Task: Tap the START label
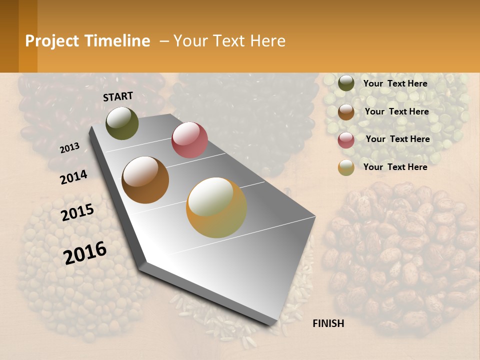point(118,96)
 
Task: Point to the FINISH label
point(328,323)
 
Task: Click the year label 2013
point(70,147)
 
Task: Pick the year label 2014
point(73,177)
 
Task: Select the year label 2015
point(77,212)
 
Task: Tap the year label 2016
point(85,252)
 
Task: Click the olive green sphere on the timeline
point(122,123)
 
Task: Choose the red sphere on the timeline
point(189,140)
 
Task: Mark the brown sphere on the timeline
point(145,180)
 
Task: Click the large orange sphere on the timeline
point(216,207)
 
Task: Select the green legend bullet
point(346,83)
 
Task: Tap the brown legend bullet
point(346,112)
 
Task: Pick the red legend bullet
point(346,140)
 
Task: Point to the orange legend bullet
point(346,167)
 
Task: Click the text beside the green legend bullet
point(395,83)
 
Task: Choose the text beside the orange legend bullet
point(395,167)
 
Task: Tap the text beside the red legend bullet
point(397,139)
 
